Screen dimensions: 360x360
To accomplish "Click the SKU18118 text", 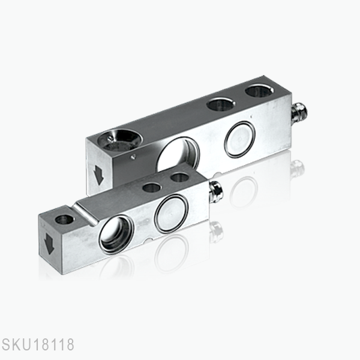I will [x=38, y=346].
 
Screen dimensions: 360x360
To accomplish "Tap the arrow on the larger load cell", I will [x=98, y=175].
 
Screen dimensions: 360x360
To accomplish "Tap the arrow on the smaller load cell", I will [x=49, y=243].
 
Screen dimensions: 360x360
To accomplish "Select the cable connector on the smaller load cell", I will [x=215, y=191].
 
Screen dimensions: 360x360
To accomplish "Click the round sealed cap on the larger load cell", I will [x=239, y=139].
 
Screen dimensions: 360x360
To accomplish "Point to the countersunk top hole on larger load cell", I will [x=118, y=139].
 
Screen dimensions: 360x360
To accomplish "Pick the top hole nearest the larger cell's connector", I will [x=259, y=91].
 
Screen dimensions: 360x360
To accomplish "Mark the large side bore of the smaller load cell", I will [x=116, y=233].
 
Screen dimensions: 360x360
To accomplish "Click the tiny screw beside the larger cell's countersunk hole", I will [x=133, y=157].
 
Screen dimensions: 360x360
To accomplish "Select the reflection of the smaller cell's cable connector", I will [x=216, y=231].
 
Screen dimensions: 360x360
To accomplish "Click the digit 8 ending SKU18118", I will [x=70, y=346].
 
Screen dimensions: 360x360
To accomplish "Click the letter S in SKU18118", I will [x=5, y=346].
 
